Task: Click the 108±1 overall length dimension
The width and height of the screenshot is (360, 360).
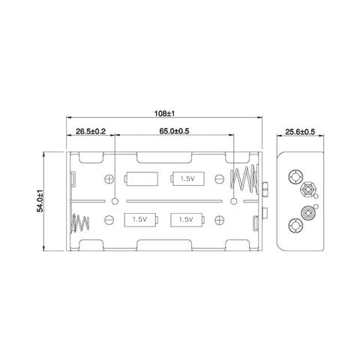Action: tap(164, 114)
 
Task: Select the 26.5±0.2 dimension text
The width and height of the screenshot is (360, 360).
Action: tap(91, 131)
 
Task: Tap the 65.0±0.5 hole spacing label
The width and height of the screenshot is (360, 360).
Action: tap(174, 131)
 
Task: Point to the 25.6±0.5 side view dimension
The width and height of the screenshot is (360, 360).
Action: tap(300, 132)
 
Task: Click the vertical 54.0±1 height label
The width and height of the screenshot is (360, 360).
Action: tap(40, 201)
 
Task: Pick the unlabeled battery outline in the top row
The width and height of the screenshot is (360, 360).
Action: tap(141, 178)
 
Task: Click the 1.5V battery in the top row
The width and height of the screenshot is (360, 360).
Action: tap(187, 178)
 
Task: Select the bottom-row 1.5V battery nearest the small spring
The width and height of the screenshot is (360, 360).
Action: tap(141, 220)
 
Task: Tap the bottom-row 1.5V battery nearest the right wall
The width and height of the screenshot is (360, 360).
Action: tap(187, 220)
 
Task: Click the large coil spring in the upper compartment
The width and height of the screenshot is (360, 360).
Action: tap(244, 179)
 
